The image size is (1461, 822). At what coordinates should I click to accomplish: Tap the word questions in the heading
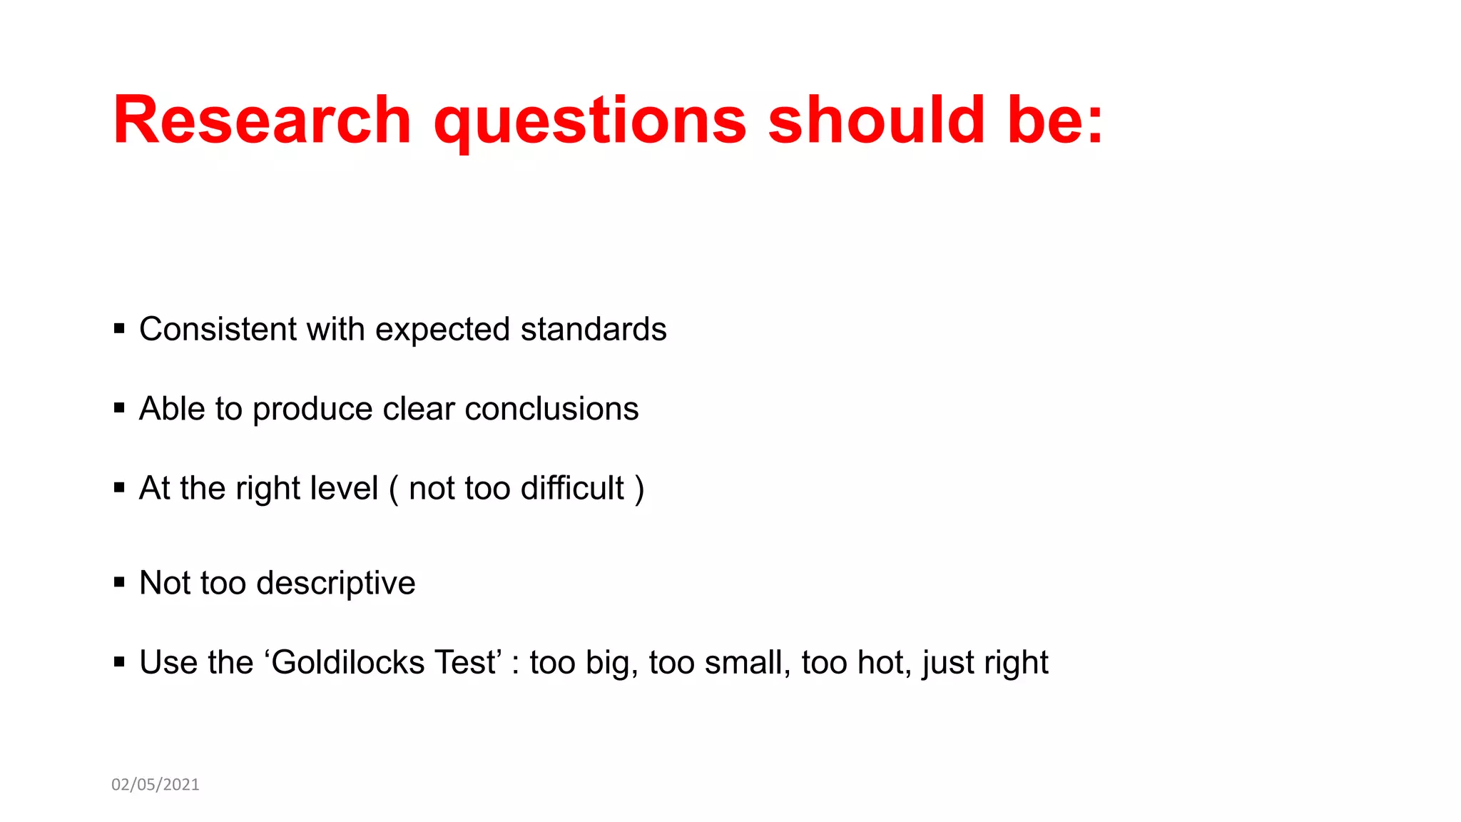click(590, 121)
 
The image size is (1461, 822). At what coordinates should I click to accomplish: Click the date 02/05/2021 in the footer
click(156, 784)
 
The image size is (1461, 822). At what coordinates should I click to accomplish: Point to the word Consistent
click(218, 329)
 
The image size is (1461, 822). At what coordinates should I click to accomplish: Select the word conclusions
click(551, 409)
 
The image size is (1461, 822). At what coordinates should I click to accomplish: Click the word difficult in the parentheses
click(572, 488)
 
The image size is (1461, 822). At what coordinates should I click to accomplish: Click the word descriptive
click(336, 584)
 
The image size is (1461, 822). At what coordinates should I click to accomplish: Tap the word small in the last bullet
click(747, 662)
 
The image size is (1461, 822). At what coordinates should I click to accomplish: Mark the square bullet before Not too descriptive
click(119, 582)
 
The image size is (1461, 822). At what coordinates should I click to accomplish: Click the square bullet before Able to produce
click(119, 408)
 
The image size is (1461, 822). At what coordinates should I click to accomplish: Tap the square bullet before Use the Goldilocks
click(119, 662)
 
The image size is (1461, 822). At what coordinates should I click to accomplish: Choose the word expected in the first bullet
click(442, 330)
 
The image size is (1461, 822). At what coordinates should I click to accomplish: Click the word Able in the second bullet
click(172, 409)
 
